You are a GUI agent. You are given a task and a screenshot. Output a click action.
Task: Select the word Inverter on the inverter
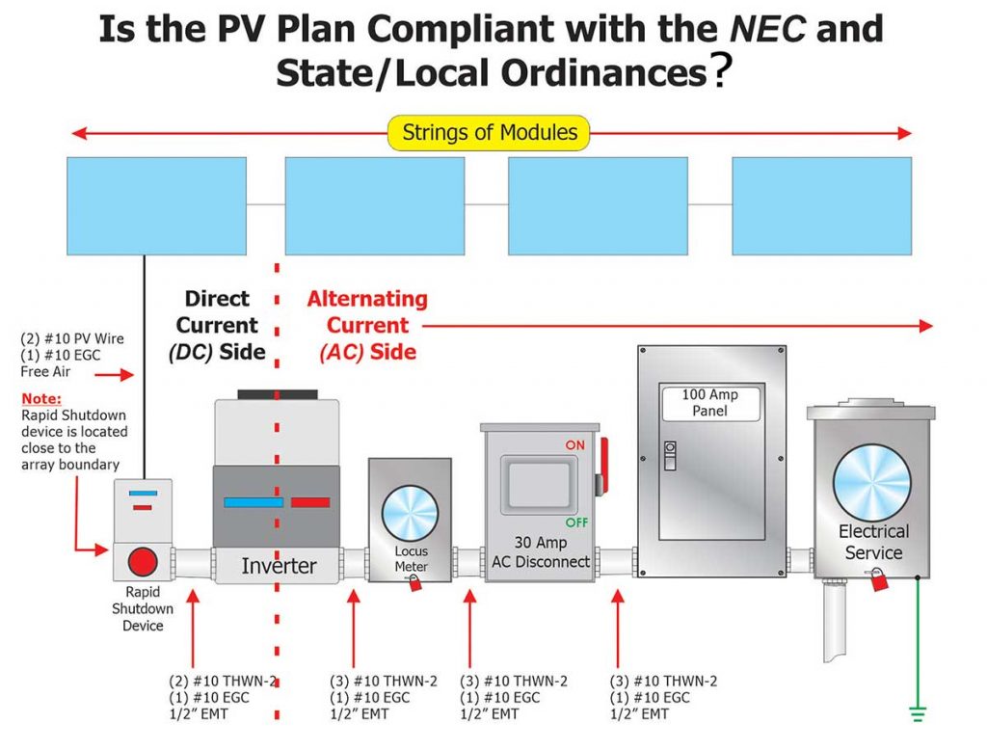point(278,565)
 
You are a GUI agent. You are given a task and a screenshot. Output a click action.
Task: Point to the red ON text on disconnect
point(575,445)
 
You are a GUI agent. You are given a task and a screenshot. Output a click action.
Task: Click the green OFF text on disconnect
point(577,522)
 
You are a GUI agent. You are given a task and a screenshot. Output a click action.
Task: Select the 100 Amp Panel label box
point(710,403)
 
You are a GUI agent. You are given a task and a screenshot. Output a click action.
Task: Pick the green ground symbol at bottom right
point(918,714)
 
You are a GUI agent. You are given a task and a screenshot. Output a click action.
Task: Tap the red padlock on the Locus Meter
point(415,582)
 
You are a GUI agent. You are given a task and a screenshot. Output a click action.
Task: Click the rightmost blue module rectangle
point(821,205)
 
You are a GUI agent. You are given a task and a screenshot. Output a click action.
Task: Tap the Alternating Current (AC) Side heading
point(367,326)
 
